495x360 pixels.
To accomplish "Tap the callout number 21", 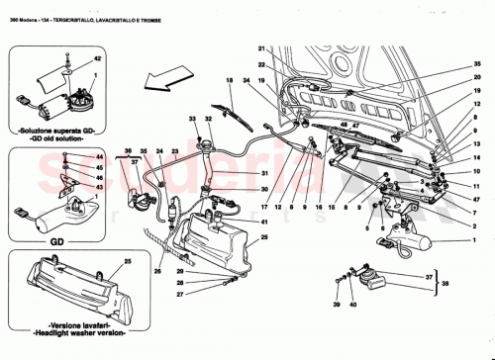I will pos(262,49).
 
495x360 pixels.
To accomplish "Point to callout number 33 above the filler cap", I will pos(194,120).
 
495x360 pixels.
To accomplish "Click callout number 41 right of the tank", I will pos(264,236).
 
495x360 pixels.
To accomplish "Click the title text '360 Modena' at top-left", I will pos(25,8).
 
